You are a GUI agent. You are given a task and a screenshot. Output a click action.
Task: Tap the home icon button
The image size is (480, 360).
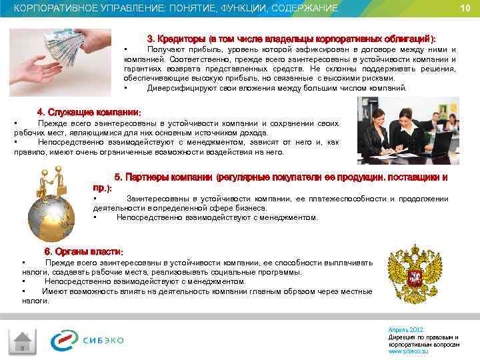(x=23, y=341)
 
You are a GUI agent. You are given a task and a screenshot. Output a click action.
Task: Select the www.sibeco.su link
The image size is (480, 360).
(x=408, y=351)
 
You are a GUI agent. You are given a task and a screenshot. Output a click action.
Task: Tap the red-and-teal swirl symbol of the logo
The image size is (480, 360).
(x=65, y=340)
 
